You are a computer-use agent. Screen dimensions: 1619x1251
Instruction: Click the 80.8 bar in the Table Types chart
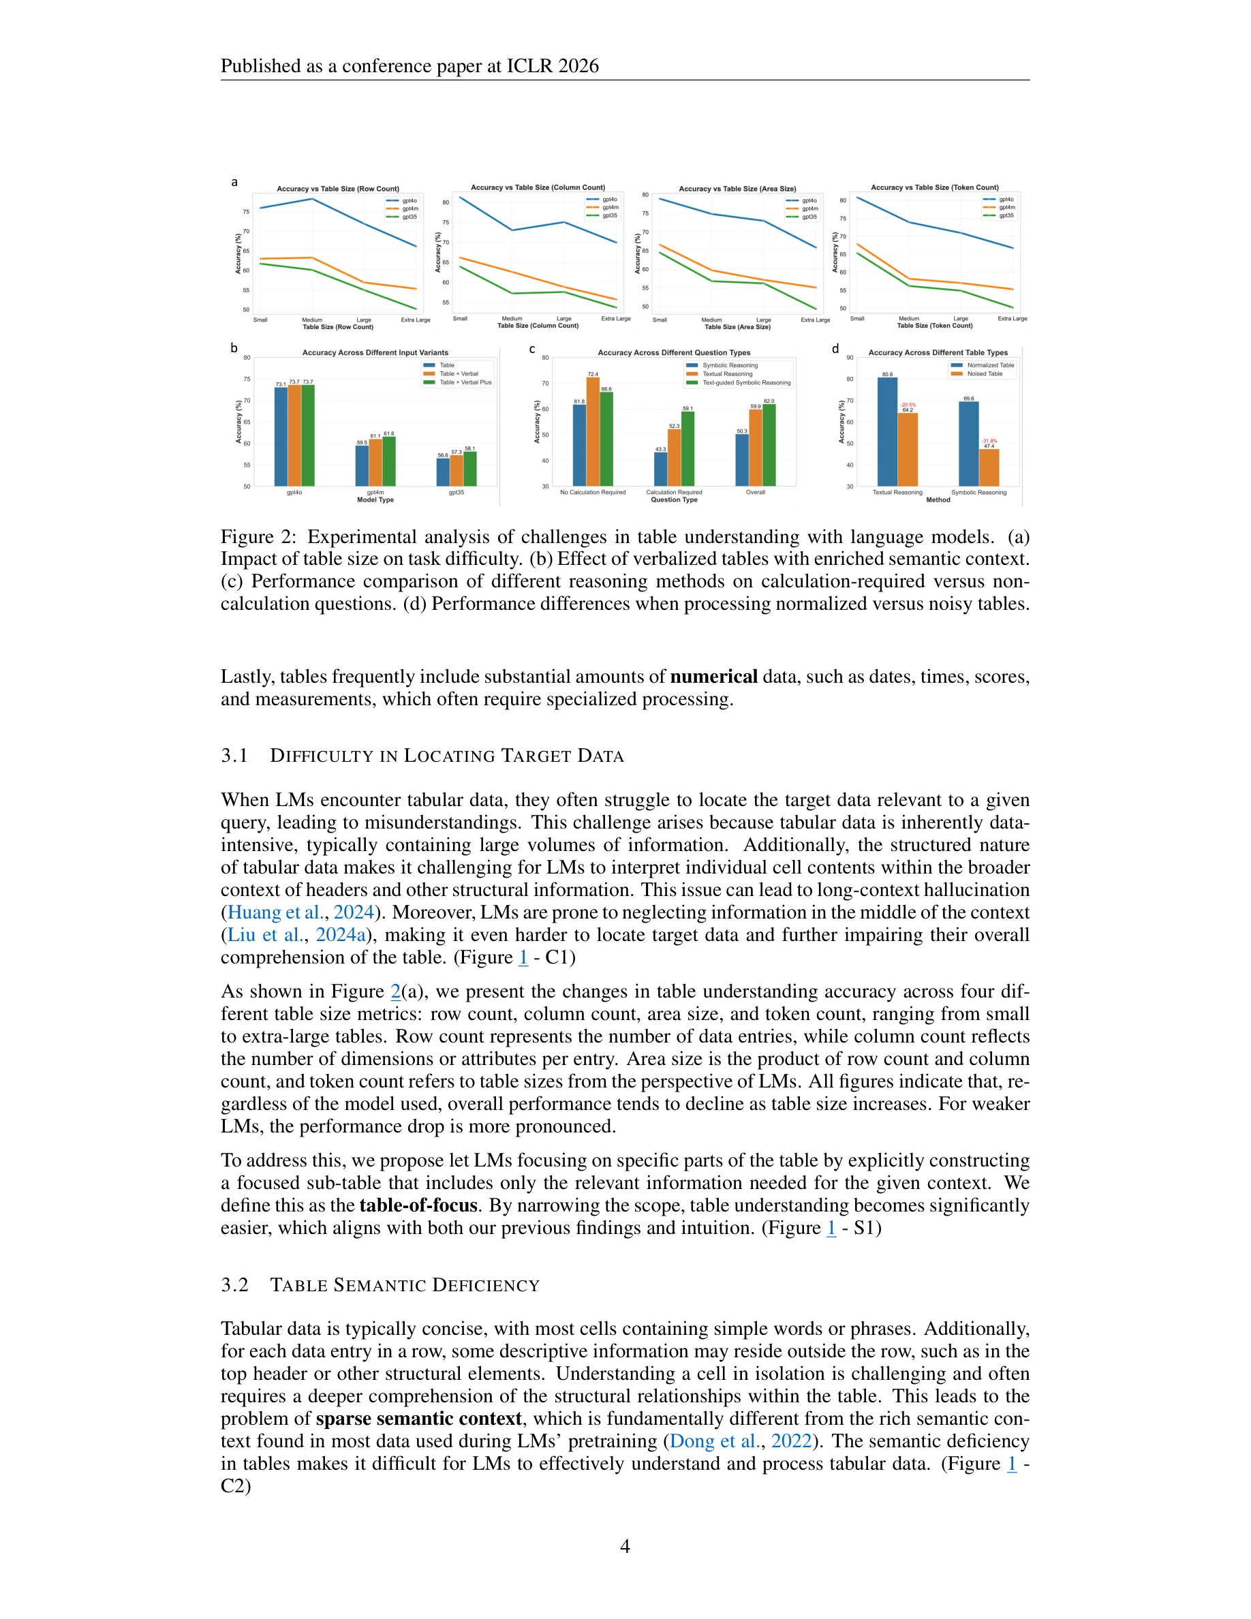(x=887, y=431)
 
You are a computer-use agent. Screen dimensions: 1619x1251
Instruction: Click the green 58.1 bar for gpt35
(x=470, y=469)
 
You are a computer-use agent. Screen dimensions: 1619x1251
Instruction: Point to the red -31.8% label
(x=989, y=440)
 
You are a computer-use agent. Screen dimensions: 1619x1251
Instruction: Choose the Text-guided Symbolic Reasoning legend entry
(x=745, y=382)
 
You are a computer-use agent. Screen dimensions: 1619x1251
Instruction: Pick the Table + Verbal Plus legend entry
(x=465, y=382)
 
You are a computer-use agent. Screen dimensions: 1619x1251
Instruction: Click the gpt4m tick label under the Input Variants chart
(x=375, y=492)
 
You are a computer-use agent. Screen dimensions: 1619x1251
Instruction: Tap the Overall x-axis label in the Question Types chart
(x=755, y=492)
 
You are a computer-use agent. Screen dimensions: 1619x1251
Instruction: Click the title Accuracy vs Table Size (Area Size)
(x=737, y=188)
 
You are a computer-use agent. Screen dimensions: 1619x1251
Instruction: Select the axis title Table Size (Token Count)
(x=935, y=326)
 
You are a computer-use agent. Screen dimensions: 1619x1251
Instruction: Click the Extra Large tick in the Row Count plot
(x=416, y=320)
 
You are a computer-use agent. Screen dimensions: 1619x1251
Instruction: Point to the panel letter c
(x=532, y=348)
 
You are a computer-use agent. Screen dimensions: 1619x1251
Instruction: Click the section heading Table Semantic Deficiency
(x=405, y=1285)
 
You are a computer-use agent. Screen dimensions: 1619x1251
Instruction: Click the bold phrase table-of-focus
(x=418, y=1205)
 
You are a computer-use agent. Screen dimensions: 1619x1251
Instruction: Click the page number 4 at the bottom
(x=625, y=1546)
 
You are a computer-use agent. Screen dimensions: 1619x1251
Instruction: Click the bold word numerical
(x=713, y=677)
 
